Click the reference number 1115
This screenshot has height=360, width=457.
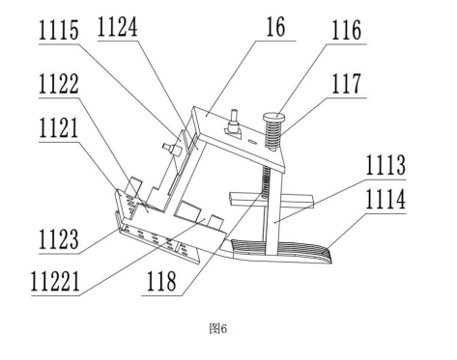(59, 30)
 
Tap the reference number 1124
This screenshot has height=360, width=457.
(117, 27)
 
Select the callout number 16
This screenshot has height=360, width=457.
(275, 27)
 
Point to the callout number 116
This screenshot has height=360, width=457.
(346, 30)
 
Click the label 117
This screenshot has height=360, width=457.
(346, 83)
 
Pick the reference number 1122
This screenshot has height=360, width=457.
(59, 84)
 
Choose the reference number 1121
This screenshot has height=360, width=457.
(59, 127)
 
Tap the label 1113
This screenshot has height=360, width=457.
(386, 165)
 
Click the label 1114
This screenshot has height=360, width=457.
(386, 199)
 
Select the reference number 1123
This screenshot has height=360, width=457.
(59, 239)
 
